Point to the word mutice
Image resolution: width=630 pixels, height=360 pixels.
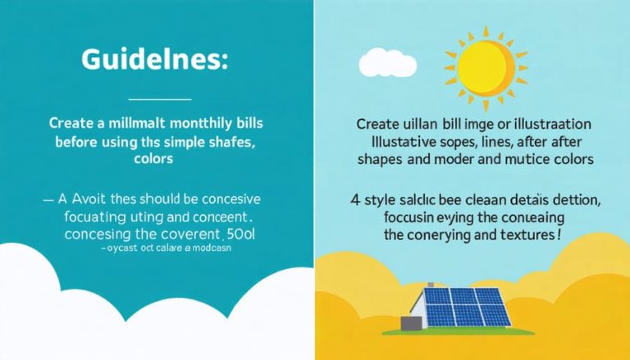(530, 159)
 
